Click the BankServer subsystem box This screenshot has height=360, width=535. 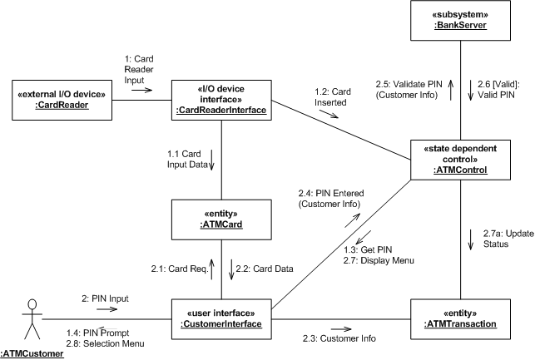(x=460, y=19)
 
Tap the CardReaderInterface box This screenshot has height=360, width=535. (x=222, y=99)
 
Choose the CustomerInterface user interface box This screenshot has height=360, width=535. (x=221, y=318)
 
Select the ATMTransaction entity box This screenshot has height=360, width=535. (x=460, y=318)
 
